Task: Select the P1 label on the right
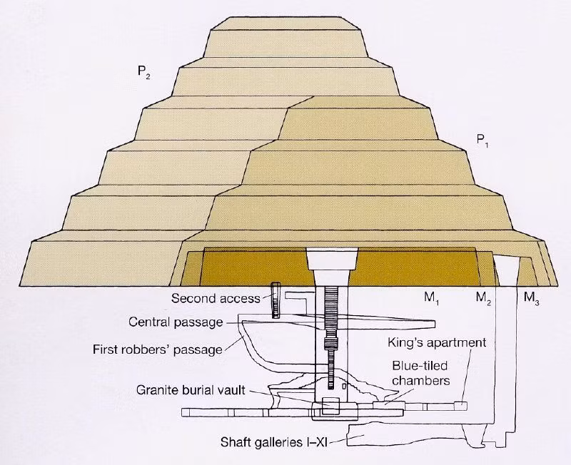483,139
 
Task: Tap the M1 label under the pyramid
432,296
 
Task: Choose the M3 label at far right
530,296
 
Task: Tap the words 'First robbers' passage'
156,349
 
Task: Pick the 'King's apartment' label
437,343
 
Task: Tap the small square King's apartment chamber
463,407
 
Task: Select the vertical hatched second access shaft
275,300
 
